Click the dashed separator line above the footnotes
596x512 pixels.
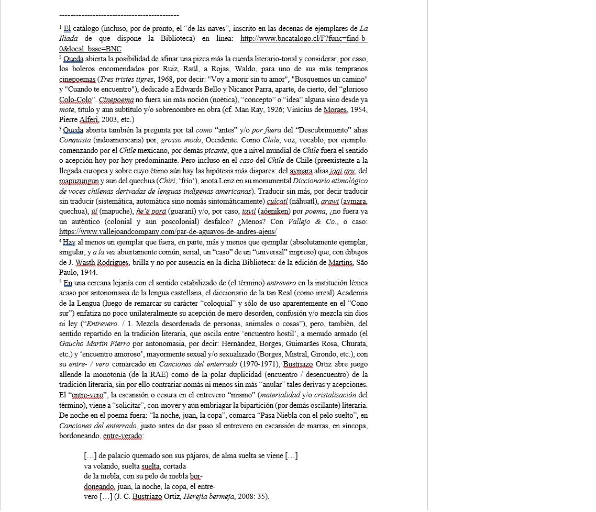pyautogui.click(x=119, y=15)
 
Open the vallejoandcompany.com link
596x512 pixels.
pyautogui.click(x=168, y=231)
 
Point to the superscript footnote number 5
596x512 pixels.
pyautogui.click(x=61, y=281)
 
